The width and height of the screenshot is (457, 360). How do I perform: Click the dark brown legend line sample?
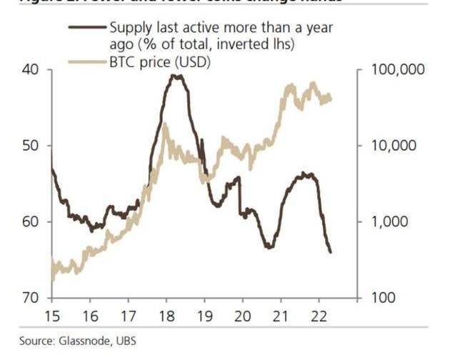(x=86, y=28)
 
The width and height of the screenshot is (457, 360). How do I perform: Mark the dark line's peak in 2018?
(x=176, y=75)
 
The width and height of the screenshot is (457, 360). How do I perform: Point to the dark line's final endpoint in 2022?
(x=331, y=251)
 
